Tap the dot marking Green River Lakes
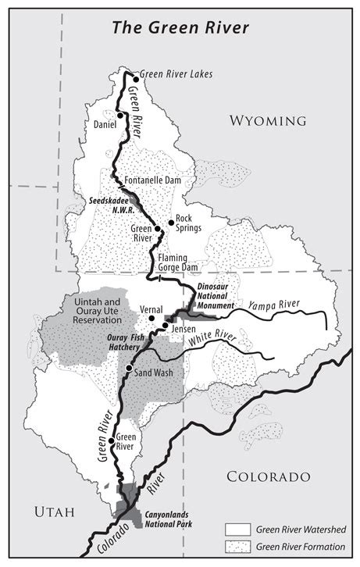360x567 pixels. pyautogui.click(x=136, y=79)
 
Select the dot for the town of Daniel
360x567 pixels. pyautogui.click(x=120, y=116)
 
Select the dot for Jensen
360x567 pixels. pyautogui.click(x=165, y=324)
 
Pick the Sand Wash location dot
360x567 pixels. pyautogui.click(x=128, y=368)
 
